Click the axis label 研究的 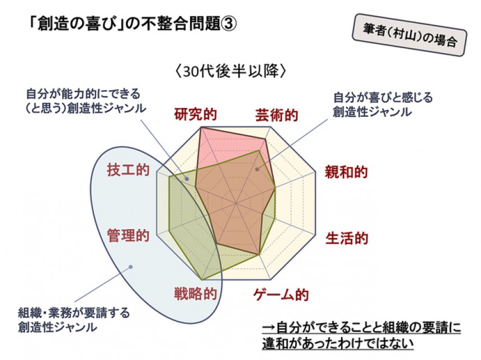[195, 115]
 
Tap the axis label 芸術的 [276, 116]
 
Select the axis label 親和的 [346, 172]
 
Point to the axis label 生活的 [347, 238]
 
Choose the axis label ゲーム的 [281, 295]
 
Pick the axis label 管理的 [128, 235]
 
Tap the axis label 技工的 [128, 170]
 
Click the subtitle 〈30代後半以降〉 [230, 72]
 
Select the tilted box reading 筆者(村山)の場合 [409, 35]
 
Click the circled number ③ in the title [229, 24]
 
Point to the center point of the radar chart [236, 203]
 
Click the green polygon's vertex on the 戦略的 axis [202, 280]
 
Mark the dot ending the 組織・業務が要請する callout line [131, 267]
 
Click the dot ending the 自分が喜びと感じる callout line [257, 169]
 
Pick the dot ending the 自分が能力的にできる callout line [186, 179]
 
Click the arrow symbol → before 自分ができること [269, 328]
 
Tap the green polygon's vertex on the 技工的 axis [169, 177]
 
